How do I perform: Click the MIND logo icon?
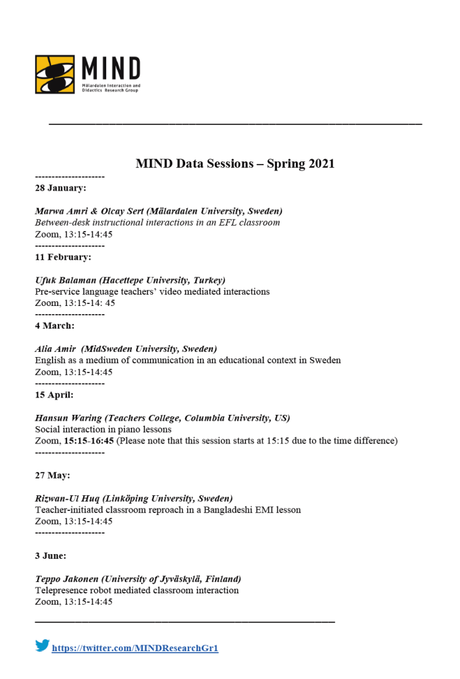coord(55,74)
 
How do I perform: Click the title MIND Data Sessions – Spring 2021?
coord(235,164)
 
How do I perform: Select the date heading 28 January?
coord(60,188)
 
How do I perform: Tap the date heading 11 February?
coord(63,257)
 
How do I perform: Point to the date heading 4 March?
coord(54,326)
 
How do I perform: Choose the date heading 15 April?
coord(54,395)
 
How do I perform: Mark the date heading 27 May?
coord(52,475)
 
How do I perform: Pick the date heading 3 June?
coord(50,556)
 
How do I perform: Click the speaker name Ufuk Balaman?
coord(66,280)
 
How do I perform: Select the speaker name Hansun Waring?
coord(70,418)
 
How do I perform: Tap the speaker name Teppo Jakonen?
coord(69,579)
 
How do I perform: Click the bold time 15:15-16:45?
coord(88,441)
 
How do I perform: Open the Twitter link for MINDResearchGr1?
coord(135,648)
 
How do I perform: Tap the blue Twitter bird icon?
coord(42,645)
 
